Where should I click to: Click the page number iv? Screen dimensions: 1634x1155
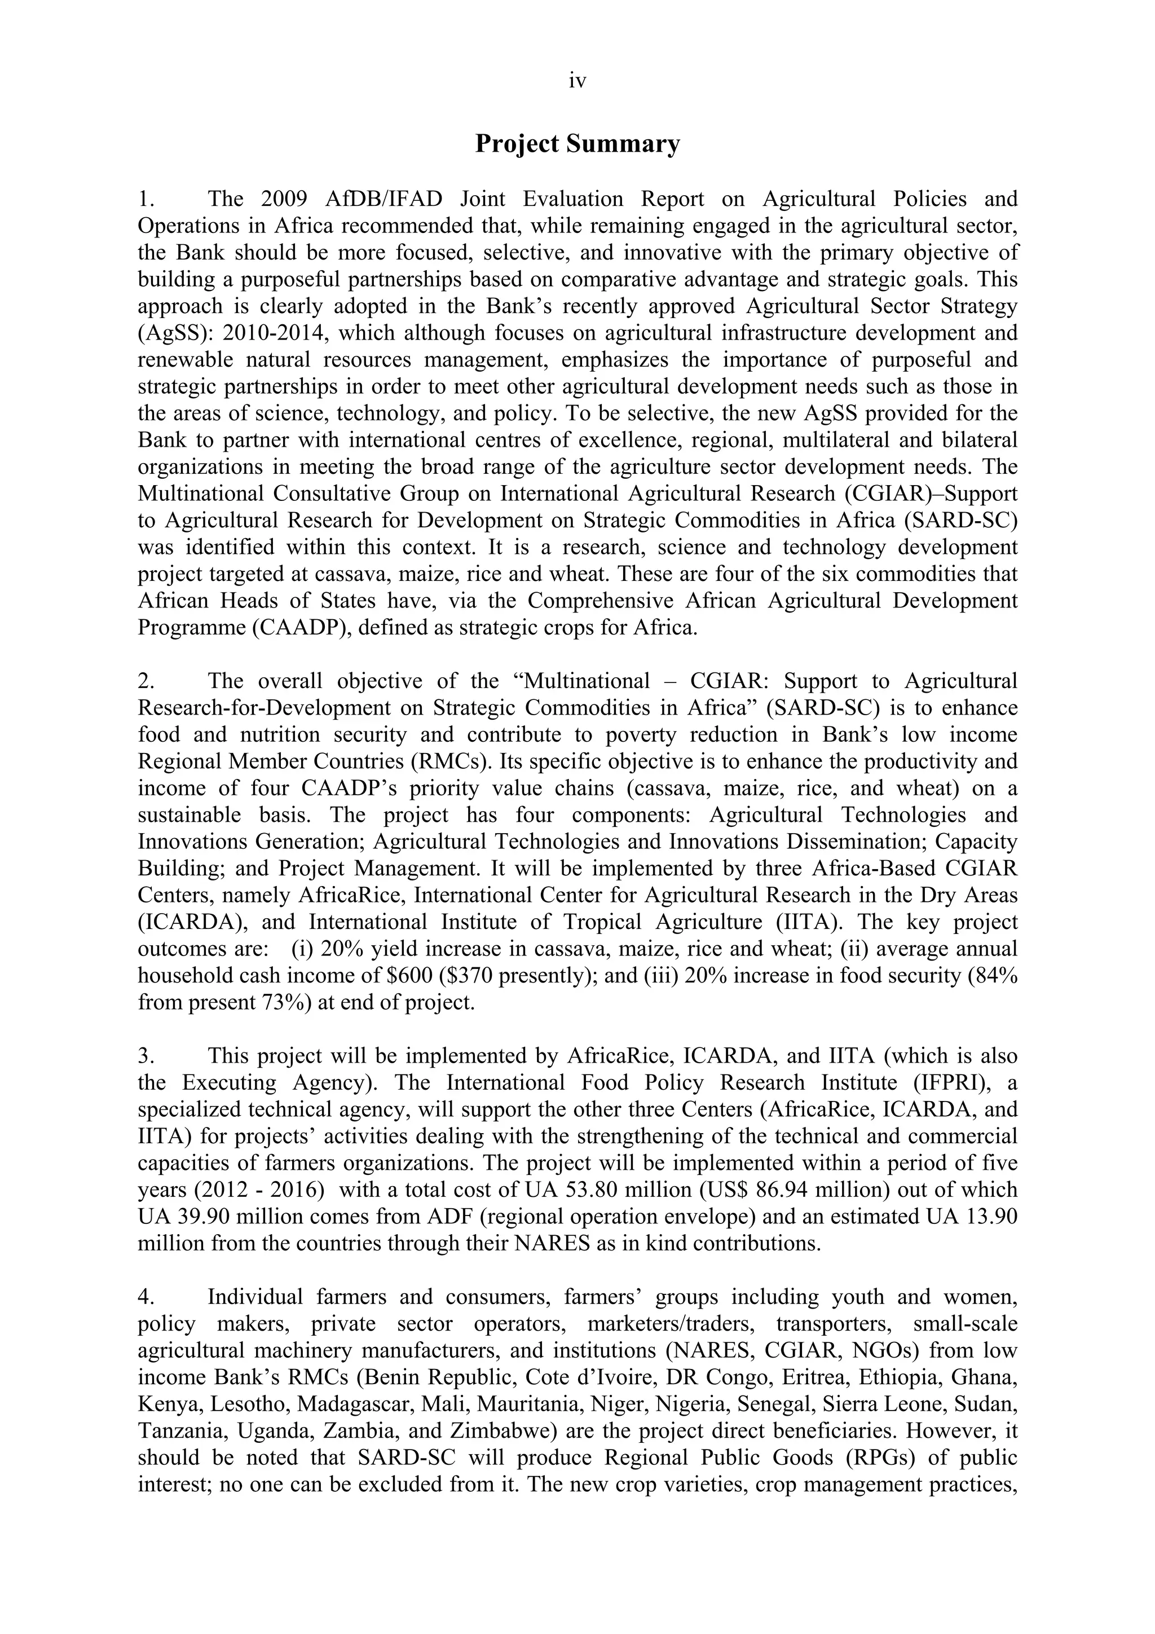pyautogui.click(x=577, y=82)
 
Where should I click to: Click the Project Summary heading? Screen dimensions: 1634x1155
pyautogui.click(x=577, y=144)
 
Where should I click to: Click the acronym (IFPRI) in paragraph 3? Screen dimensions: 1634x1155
pyautogui.click(x=924, y=1082)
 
